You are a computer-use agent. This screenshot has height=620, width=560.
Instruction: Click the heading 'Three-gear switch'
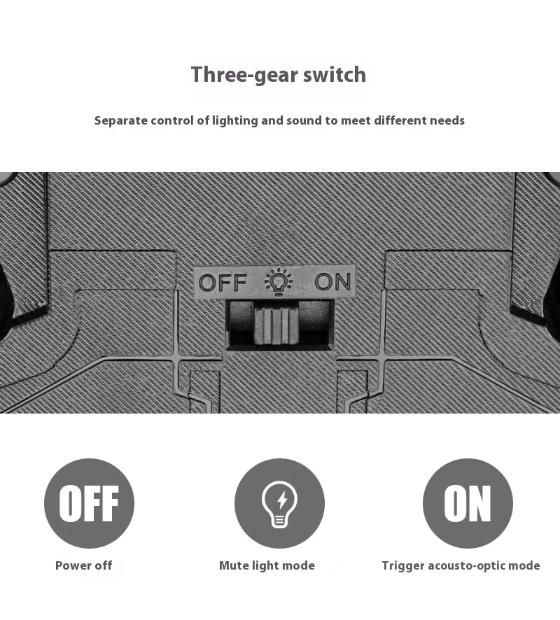[x=279, y=75]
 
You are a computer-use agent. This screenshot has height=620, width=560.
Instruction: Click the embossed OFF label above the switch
[x=223, y=283]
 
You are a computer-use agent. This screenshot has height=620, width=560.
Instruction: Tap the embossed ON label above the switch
[x=332, y=282]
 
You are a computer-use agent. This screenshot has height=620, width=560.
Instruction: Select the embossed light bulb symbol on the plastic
[x=279, y=281]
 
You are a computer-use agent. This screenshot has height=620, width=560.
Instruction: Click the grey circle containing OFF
[x=89, y=503]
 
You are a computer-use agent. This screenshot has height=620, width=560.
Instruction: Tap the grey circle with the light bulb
[x=279, y=503]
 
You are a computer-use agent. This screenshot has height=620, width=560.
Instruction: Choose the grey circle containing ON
[x=468, y=503]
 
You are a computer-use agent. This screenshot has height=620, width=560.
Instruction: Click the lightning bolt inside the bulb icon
[x=282, y=500]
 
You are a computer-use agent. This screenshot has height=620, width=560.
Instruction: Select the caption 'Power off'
[x=83, y=565]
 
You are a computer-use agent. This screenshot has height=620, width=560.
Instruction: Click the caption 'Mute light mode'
[x=267, y=566]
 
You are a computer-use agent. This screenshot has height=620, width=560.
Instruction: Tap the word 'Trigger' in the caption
[x=403, y=566]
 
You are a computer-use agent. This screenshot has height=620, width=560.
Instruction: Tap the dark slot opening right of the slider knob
[x=315, y=323]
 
